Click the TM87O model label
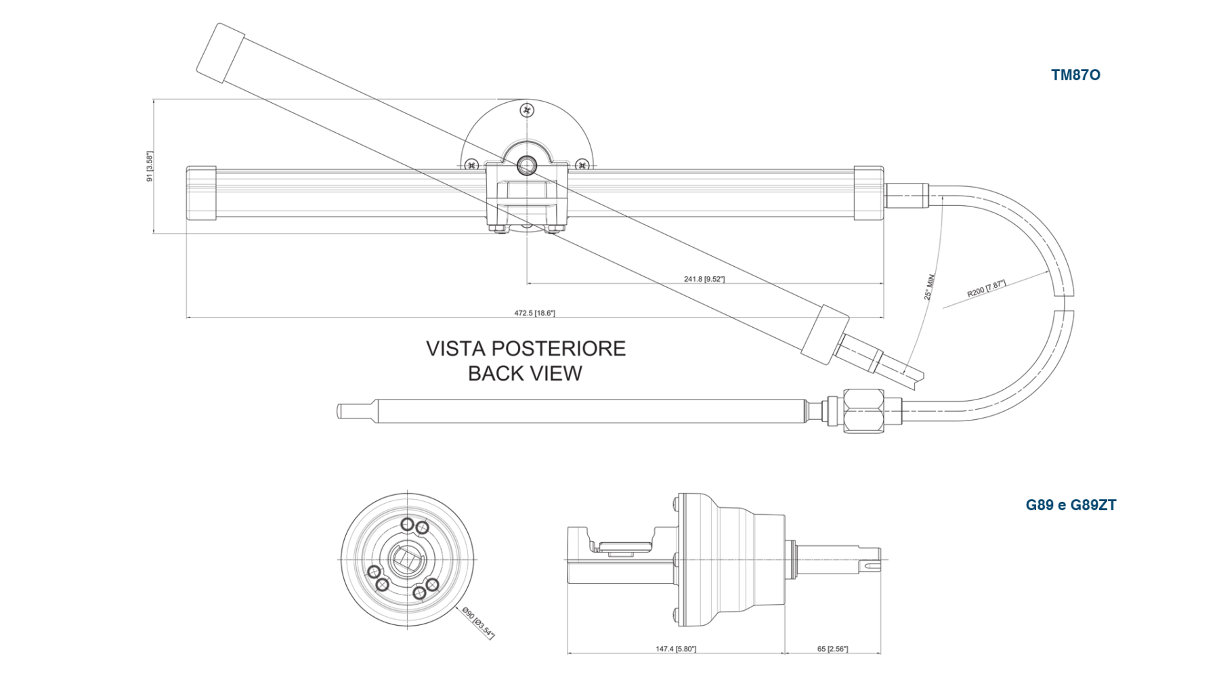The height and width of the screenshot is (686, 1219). [1075, 75]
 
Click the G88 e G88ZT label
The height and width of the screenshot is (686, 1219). [1071, 505]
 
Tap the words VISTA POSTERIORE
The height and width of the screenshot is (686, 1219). [526, 349]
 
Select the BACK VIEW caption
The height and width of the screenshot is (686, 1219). [526, 373]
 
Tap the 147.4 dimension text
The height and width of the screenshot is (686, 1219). [676, 649]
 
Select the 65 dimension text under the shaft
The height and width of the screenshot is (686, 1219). [832, 649]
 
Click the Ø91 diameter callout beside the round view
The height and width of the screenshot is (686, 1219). [479, 623]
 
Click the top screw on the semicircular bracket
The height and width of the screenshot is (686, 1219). [527, 110]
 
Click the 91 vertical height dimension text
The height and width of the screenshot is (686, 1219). [148, 166]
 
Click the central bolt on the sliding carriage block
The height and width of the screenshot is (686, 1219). [527, 163]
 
